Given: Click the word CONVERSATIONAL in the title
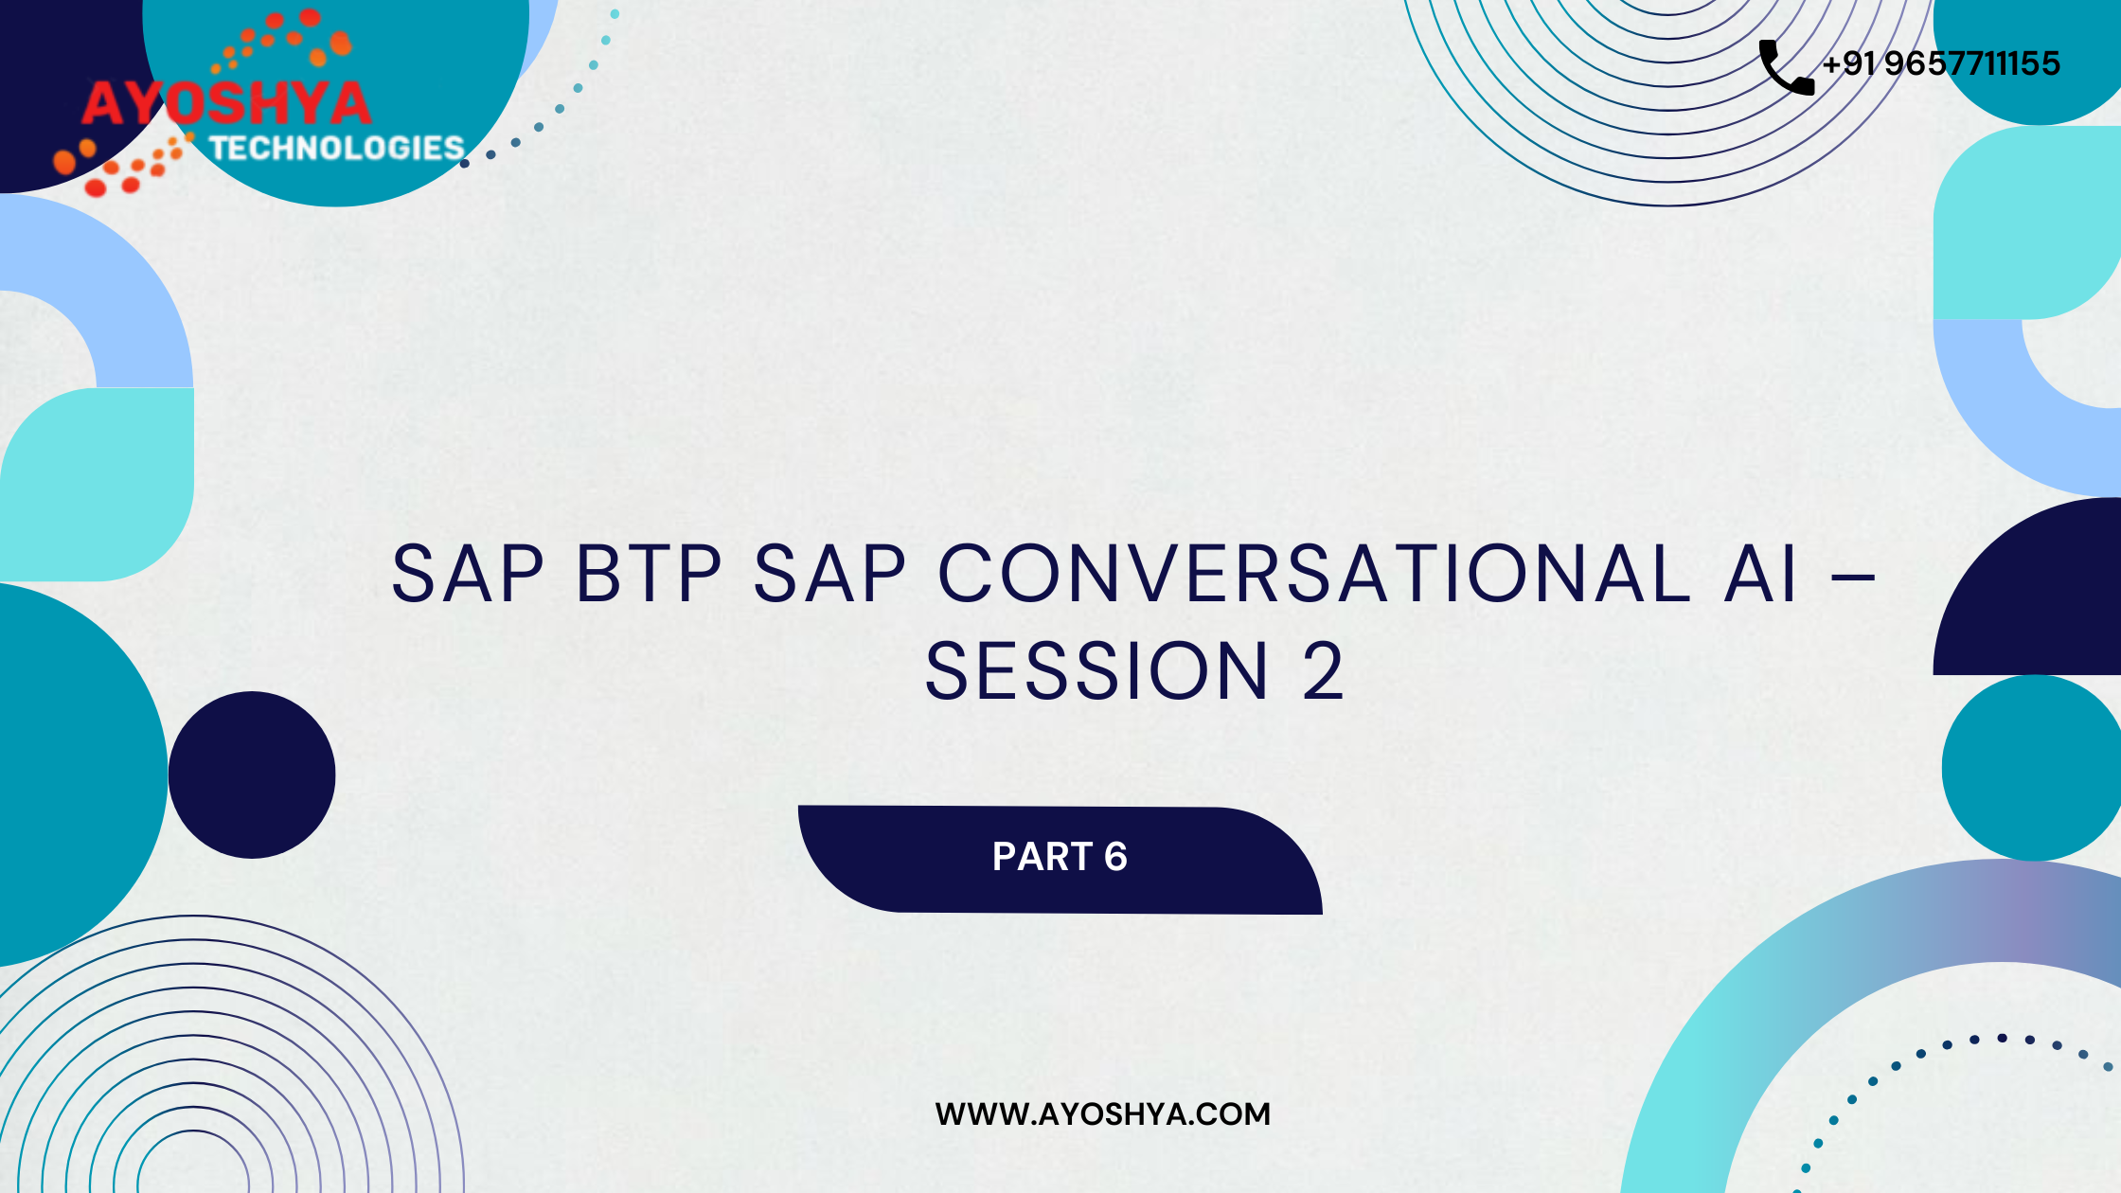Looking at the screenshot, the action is pos(1314,573).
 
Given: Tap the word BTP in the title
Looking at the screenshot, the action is pos(649,574).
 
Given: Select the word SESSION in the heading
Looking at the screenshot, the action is pos(1096,671).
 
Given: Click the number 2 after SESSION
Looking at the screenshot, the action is pos(1323,671).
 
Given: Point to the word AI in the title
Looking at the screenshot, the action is pos(1760,574).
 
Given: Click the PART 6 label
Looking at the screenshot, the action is pos(1060,857).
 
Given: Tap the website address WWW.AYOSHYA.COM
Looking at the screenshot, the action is pos(1102,1113).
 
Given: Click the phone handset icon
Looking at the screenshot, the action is pos(1787,67).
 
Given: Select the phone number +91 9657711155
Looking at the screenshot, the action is pos(1941,63).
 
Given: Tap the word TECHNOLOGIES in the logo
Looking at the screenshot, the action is pos(336,148).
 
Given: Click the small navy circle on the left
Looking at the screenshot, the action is pos(252,775).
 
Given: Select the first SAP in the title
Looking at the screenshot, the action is pos(467,574).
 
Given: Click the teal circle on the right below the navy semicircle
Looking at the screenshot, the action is pos(2032,768).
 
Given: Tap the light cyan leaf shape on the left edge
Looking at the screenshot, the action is pos(97,485).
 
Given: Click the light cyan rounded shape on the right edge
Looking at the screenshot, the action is pos(2027,223).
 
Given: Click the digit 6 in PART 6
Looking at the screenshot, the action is pos(1115,857).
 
